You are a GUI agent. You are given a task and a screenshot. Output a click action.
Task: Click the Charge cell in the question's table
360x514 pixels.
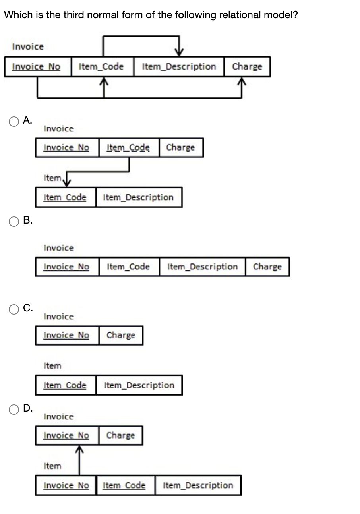coord(247,67)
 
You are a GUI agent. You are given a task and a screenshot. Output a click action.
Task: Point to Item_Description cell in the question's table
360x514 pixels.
coord(178,67)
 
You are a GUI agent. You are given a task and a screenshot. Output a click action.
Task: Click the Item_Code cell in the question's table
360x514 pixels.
coord(101,67)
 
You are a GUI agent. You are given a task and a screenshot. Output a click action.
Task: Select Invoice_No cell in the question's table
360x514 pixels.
coord(36,67)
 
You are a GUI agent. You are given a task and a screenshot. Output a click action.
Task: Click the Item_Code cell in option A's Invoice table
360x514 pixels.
coord(128,148)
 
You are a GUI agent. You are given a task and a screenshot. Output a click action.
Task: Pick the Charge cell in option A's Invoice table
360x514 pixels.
coord(180,148)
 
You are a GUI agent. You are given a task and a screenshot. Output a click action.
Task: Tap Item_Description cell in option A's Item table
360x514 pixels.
coord(138,197)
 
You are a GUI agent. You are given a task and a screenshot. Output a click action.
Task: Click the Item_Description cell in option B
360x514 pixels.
coord(202,267)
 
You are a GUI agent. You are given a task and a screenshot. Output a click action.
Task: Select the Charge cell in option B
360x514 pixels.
coord(267,267)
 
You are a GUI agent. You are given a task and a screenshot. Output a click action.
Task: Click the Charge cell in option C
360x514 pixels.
coord(121,335)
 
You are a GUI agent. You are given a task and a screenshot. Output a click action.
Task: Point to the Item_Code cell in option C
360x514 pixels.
coord(65,385)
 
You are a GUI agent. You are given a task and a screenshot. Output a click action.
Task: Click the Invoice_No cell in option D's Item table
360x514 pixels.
coord(66,485)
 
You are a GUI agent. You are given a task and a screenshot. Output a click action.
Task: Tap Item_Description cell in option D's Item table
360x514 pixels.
coord(198,485)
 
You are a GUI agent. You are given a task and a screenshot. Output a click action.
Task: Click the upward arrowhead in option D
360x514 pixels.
coord(79,450)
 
